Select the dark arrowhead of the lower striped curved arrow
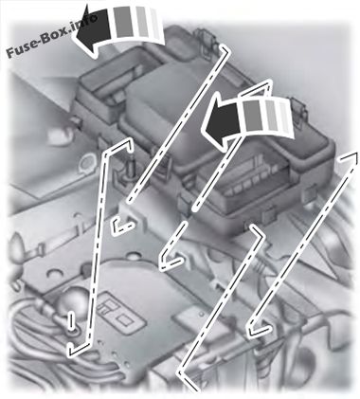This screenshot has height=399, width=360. tap(223, 121)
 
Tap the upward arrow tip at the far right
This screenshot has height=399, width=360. tap(349, 157)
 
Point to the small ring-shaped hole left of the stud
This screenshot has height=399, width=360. tap(86, 162)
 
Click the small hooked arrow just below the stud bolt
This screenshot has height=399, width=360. tap(121, 227)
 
